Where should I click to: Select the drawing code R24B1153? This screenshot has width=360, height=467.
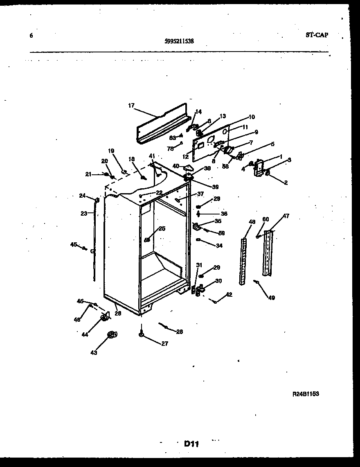306,394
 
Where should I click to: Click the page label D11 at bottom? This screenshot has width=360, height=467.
191,443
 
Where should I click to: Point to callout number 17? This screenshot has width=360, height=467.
131,105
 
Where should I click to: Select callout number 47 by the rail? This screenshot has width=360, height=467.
286,216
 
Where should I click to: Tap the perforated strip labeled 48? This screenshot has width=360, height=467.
243,260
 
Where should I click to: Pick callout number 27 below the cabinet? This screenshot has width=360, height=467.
164,344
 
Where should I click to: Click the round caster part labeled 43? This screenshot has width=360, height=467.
112,335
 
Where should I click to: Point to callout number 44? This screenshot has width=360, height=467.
85,334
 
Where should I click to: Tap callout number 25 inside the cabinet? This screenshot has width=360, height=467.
162,228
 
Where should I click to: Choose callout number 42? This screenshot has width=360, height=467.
229,294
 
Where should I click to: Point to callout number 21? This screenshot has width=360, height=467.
88,174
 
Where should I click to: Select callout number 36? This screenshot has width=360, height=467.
224,213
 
